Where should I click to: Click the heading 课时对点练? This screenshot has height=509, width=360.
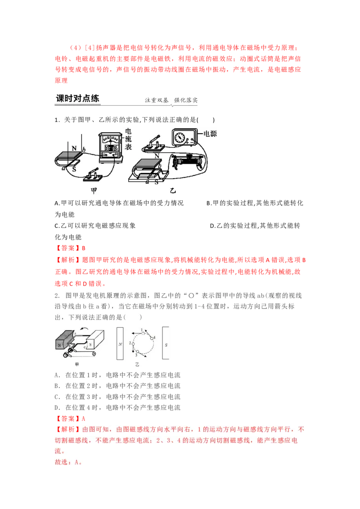[77, 98]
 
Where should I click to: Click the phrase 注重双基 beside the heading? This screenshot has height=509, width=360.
[157, 100]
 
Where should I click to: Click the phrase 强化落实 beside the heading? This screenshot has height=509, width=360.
[186, 100]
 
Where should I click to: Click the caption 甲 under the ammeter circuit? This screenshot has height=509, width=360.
[94, 191]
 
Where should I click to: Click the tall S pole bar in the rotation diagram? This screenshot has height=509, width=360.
[166, 344]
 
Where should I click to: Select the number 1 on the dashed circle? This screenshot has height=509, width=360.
[143, 330]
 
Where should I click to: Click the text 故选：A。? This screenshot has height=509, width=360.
[70, 462]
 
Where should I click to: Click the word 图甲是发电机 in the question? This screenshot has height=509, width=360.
[85, 295]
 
